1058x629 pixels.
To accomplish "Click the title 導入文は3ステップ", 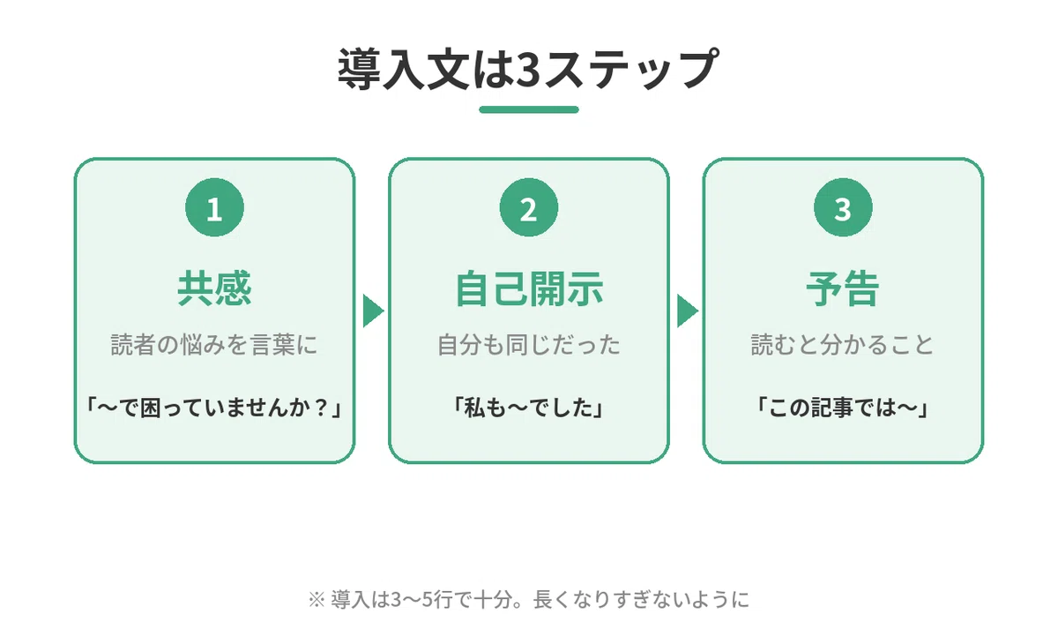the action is click(x=528, y=69).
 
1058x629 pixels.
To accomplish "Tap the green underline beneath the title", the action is click(x=528, y=109).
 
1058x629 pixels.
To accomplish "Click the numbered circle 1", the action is click(x=214, y=207).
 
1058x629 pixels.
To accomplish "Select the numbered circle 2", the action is click(x=528, y=207).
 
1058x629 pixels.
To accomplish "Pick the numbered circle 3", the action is click(x=843, y=207).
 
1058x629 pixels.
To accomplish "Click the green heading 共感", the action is click(x=214, y=288).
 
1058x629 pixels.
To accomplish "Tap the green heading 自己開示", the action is click(x=529, y=288).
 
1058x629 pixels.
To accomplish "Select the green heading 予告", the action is click(x=843, y=288).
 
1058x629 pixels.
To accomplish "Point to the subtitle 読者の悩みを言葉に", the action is click(x=214, y=345).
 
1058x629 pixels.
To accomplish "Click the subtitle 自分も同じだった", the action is click(x=529, y=345).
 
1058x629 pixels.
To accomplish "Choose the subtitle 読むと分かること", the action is click(x=843, y=345).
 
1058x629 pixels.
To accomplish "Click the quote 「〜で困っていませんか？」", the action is click(x=214, y=408).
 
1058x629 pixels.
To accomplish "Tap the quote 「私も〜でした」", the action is click(x=529, y=408).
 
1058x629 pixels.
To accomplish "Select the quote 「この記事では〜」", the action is click(x=843, y=408).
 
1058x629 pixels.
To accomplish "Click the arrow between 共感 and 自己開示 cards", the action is click(x=373, y=311).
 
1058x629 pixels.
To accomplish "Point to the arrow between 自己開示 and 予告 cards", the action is click(x=688, y=311).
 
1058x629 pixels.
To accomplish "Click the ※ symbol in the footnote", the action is click(x=317, y=600).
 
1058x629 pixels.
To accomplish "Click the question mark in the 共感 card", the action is click(x=321, y=408).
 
